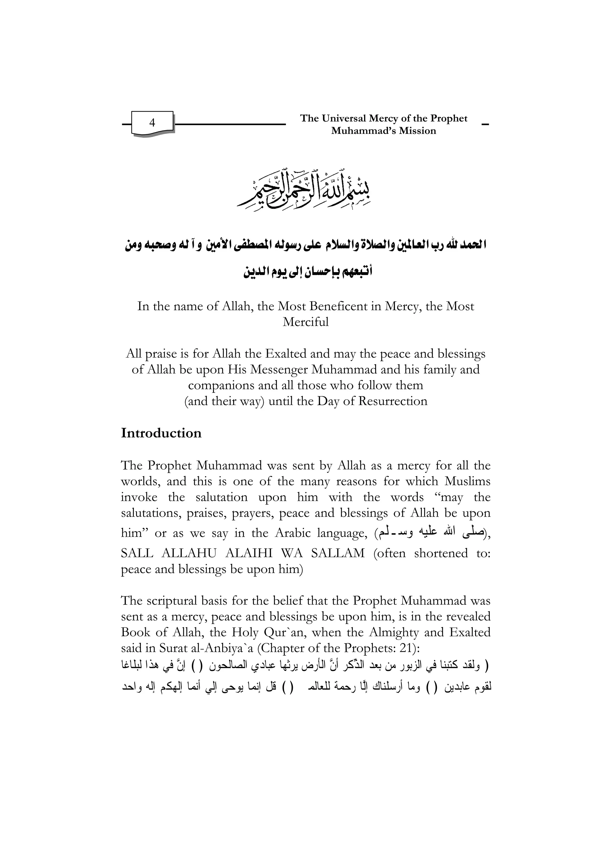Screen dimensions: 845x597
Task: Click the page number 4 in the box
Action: pyautogui.click(x=152, y=122)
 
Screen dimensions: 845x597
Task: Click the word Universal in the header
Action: pyautogui.click(x=344, y=118)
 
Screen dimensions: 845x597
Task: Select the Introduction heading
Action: pyautogui.click(x=161, y=433)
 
